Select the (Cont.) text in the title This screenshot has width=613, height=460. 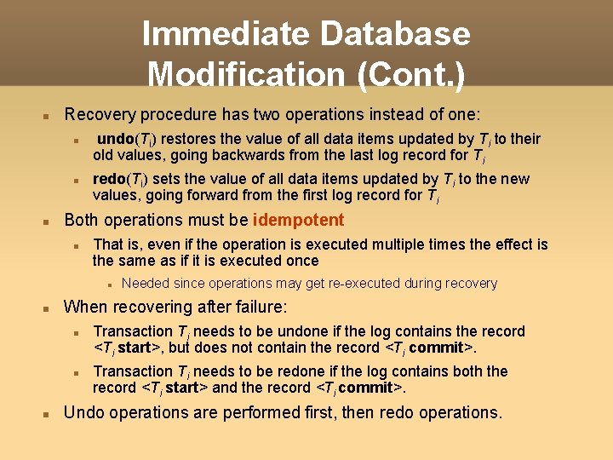(x=412, y=74)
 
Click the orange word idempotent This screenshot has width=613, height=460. (x=298, y=220)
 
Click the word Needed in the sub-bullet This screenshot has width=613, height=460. (x=145, y=283)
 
